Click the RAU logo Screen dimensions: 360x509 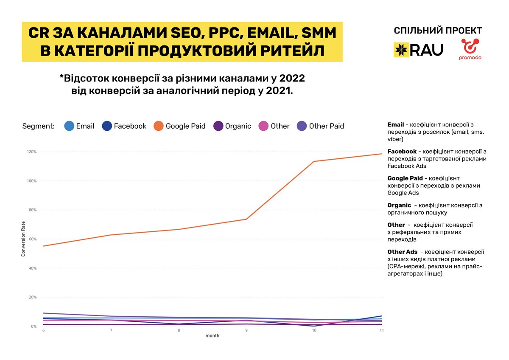(x=418, y=50)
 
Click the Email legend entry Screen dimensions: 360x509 (x=79, y=126)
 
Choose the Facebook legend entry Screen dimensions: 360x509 (x=124, y=126)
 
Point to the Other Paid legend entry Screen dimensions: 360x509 (x=320, y=126)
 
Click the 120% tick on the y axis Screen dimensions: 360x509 (x=32, y=152)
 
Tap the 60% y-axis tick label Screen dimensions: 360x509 (x=32, y=239)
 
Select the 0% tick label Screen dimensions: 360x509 (x=34, y=326)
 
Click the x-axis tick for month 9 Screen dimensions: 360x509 (x=246, y=331)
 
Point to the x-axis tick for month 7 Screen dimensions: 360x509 (x=111, y=331)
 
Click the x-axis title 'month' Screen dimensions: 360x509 (x=213, y=336)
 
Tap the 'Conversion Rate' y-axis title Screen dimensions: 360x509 (x=24, y=239)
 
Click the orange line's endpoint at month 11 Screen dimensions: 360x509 (x=382, y=154)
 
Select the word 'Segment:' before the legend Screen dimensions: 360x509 (x=39, y=126)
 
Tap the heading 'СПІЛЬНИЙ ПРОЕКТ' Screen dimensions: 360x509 (x=438, y=31)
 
